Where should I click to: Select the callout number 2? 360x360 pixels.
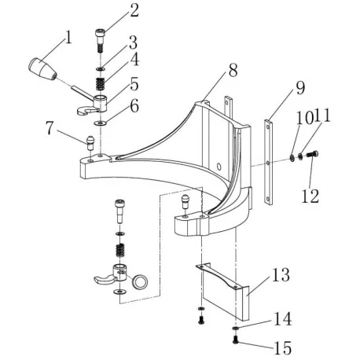coord(134,10)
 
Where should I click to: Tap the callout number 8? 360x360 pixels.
coord(233,71)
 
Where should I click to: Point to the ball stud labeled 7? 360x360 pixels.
coord(90,144)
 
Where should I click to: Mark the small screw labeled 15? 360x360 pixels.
coord(236,340)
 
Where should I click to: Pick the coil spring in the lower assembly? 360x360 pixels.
coord(121,252)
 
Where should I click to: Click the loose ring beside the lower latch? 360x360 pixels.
coord(141,281)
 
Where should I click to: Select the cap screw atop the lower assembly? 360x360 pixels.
coord(119,210)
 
